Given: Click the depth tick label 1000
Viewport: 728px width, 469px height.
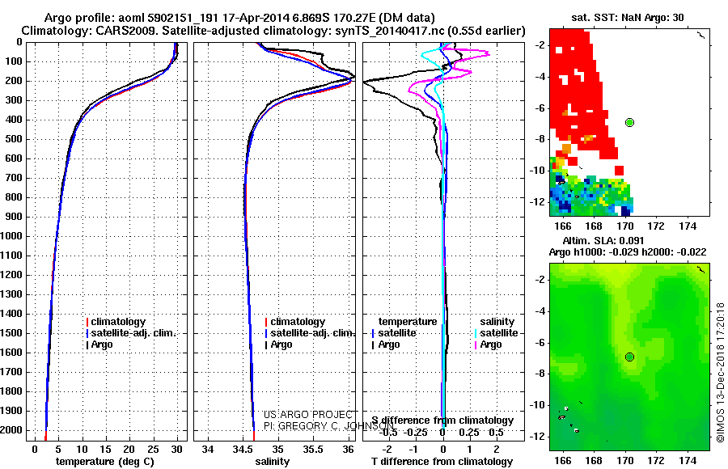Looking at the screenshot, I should (15, 236).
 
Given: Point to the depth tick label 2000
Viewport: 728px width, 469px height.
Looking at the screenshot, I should (15, 430).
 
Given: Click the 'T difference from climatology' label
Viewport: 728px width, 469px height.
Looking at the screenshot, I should (442, 462).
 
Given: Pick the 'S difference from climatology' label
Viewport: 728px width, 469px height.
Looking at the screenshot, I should (442, 420).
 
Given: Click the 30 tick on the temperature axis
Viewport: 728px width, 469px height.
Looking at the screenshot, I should (177, 449).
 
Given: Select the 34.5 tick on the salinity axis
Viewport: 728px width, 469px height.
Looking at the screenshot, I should (243, 449).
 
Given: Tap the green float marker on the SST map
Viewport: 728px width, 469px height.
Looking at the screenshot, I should (629, 122).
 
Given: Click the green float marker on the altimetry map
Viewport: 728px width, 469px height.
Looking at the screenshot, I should (629, 357).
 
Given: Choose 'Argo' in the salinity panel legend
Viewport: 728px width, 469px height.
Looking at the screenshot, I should (281, 344).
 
